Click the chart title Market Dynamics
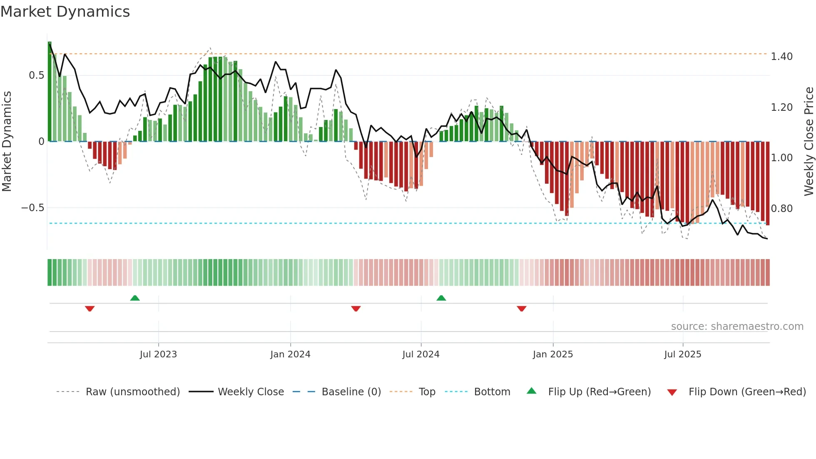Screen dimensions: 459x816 tap(65, 12)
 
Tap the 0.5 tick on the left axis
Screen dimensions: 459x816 tap(36, 75)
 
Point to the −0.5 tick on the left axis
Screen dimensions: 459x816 tap(33, 208)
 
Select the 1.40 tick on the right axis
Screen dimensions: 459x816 tap(781, 57)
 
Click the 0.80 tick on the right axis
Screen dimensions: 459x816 tap(781, 209)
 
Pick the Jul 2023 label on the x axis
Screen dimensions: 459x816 tap(158, 354)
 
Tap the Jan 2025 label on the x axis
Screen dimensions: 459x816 tap(552, 354)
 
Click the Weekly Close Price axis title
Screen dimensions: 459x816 tap(809, 141)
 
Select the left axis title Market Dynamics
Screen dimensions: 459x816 tap(7, 141)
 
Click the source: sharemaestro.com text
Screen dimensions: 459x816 tap(737, 327)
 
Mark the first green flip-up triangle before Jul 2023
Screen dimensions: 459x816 tap(135, 298)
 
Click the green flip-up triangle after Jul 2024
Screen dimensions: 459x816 tap(441, 298)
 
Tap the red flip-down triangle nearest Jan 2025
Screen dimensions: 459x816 tap(522, 309)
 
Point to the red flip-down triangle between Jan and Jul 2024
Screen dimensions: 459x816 tap(356, 309)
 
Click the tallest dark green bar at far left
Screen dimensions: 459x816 tap(50, 92)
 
